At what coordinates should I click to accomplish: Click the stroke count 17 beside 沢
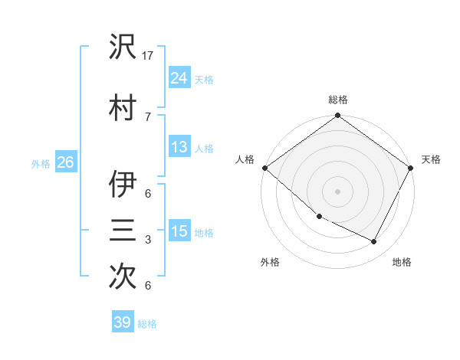coord(149,56)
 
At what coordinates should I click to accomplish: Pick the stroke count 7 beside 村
coord(147,116)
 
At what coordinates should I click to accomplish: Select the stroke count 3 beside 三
coord(147,240)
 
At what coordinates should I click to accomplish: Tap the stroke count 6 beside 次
coord(147,286)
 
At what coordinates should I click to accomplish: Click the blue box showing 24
coord(179,77)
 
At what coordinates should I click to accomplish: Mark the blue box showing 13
coord(179,147)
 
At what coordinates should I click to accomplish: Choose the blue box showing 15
coord(179,231)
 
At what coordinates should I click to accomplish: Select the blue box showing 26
coord(65,162)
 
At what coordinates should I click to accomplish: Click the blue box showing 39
coord(122,322)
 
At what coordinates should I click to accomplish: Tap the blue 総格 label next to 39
coord(148,324)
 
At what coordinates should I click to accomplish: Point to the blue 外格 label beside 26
coord(41,164)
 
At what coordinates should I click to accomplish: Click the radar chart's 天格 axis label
coord(431,159)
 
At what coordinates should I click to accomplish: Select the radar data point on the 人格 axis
coord(264,168)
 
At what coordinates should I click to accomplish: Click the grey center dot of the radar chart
coord(337,191)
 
